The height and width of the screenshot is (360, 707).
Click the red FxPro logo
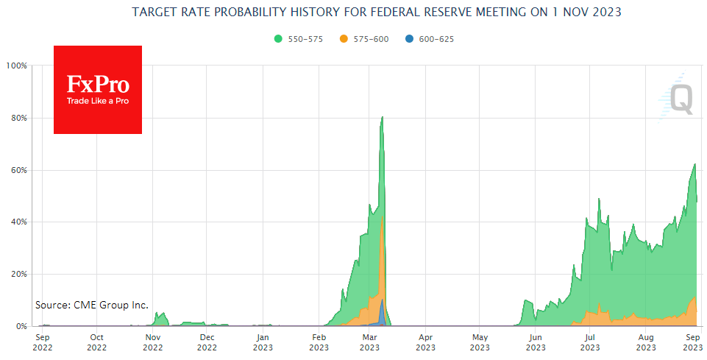98,90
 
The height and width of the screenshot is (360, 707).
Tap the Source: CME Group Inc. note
92,305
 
